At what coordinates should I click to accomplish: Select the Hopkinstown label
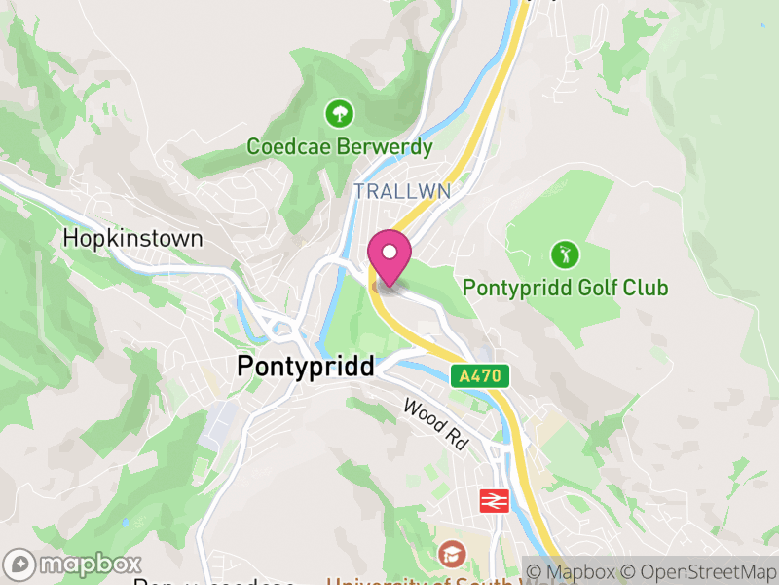click(132, 239)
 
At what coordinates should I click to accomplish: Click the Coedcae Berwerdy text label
click(340, 147)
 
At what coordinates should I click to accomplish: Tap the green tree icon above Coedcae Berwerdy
click(340, 115)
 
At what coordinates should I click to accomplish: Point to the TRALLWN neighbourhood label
click(402, 191)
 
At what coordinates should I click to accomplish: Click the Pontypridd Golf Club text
click(565, 288)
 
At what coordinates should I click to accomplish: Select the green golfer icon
click(565, 255)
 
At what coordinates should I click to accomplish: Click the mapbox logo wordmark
click(89, 565)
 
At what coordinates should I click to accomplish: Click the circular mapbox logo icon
click(19, 565)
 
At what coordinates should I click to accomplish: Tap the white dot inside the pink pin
click(389, 251)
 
